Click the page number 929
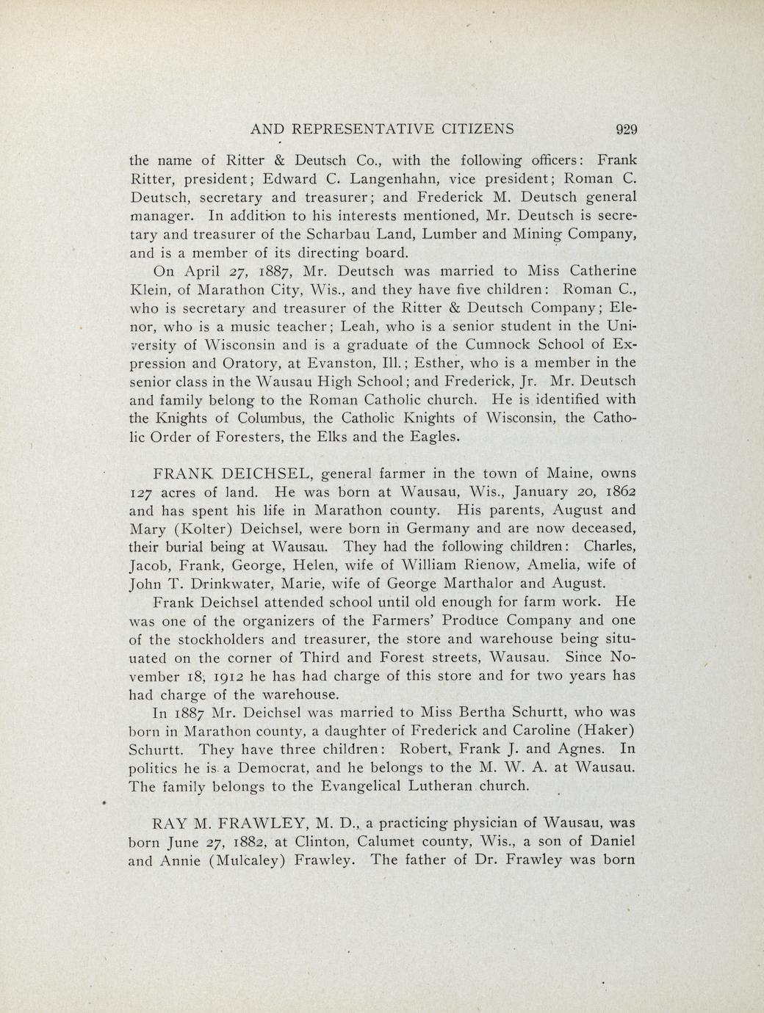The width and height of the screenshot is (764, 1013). [x=625, y=129]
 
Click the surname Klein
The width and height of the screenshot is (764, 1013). [x=149, y=289]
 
